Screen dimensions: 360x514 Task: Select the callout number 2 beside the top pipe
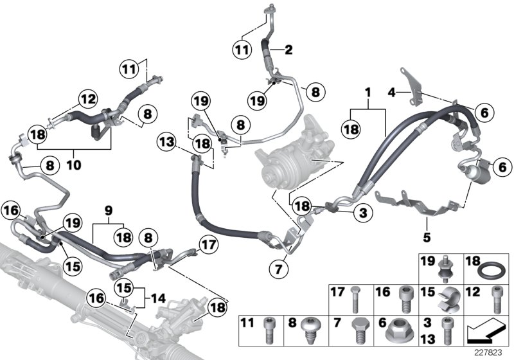click(x=288, y=50)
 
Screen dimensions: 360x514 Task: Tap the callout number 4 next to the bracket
click(x=392, y=93)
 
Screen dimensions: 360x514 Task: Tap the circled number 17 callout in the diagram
click(x=208, y=244)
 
